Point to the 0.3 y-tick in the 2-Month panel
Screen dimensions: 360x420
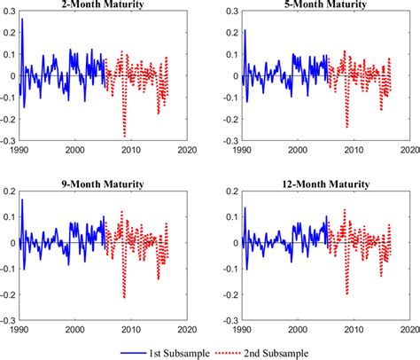[9, 12]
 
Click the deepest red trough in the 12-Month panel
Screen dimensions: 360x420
[346, 293]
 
